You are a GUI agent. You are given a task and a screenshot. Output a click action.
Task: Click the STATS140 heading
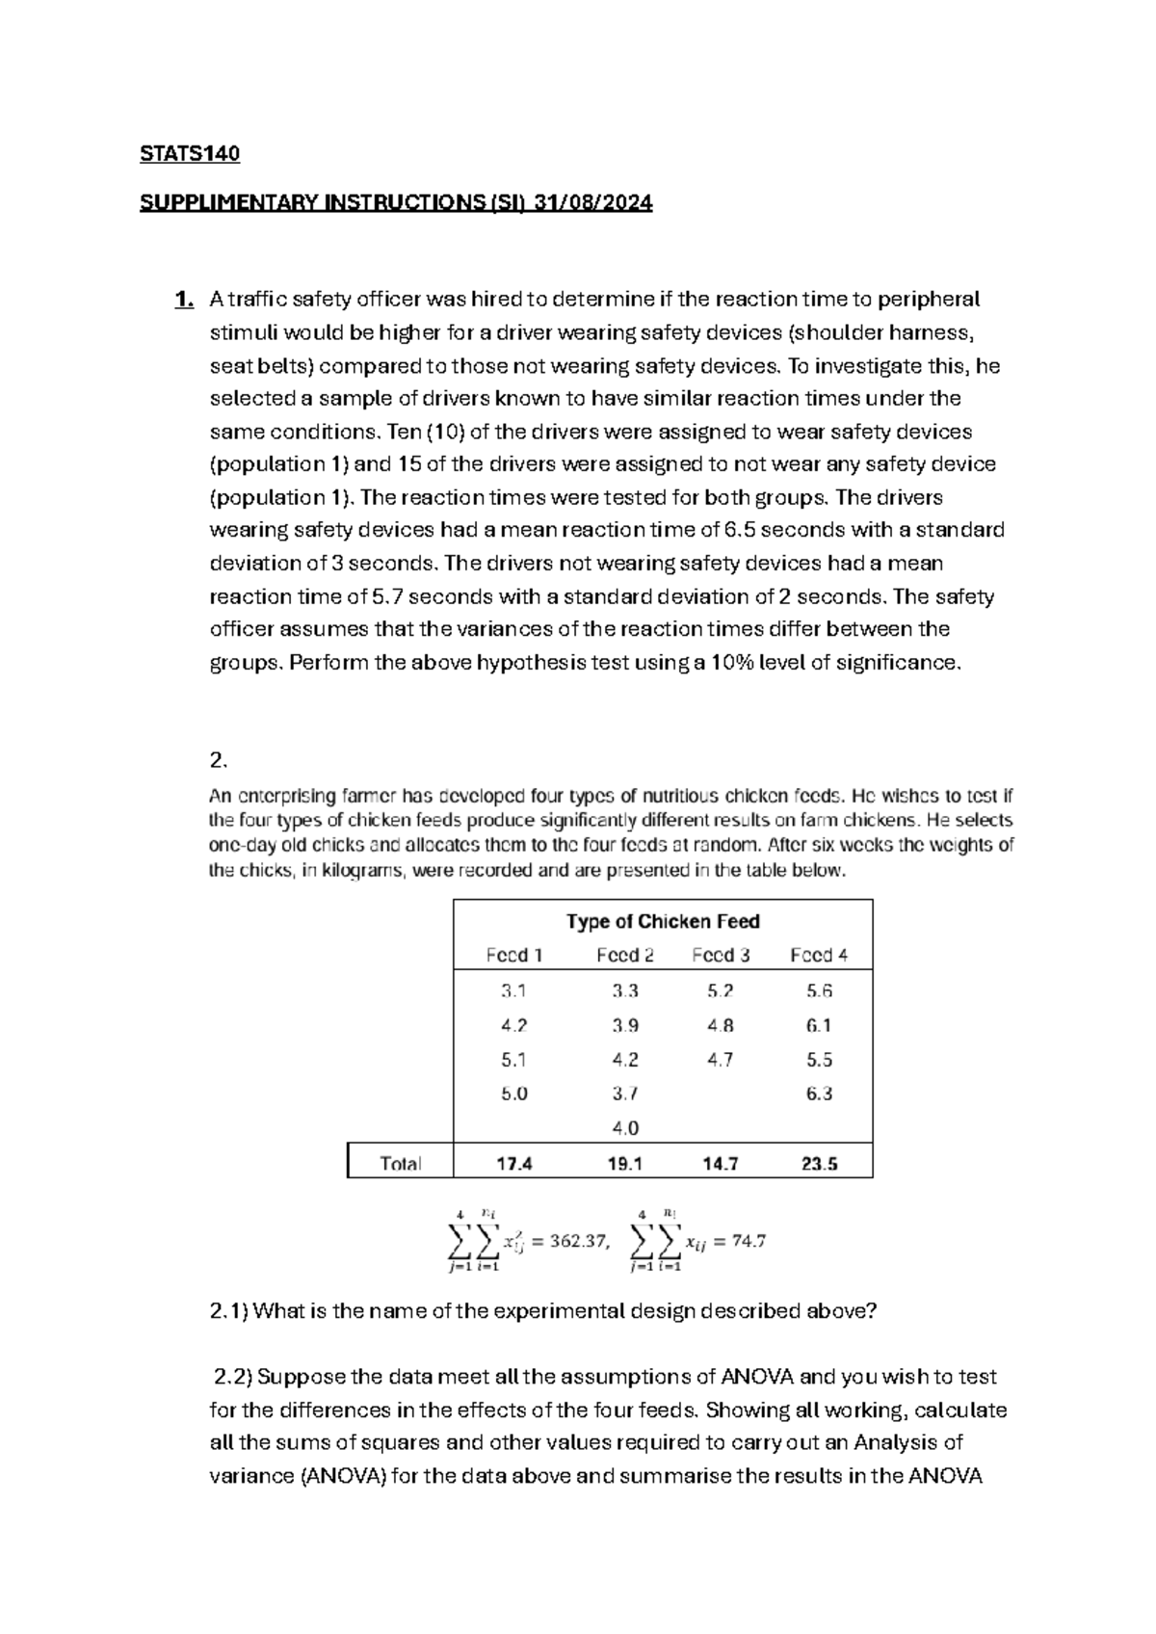190,154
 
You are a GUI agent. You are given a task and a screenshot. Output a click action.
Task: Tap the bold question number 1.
183,300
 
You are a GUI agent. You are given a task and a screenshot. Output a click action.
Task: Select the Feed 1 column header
514,955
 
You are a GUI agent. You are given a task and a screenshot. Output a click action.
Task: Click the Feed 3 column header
721,955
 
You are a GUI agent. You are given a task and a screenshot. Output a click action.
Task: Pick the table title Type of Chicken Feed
663,921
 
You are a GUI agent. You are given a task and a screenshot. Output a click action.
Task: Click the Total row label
401,1163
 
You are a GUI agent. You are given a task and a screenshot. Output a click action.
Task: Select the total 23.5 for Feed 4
819,1163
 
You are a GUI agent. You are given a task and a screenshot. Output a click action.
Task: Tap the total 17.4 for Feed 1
514,1163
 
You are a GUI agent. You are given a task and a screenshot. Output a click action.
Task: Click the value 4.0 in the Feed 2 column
625,1127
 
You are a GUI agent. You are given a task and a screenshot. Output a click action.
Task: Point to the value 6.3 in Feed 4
819,1094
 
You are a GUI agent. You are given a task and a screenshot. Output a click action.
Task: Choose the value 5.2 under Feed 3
720,990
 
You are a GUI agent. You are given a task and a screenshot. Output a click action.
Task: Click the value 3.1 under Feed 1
514,990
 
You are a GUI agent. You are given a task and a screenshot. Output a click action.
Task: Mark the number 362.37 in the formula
578,1241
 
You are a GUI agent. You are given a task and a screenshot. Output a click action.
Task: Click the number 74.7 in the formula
749,1241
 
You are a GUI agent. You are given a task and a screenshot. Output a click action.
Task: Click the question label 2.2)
233,1377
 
